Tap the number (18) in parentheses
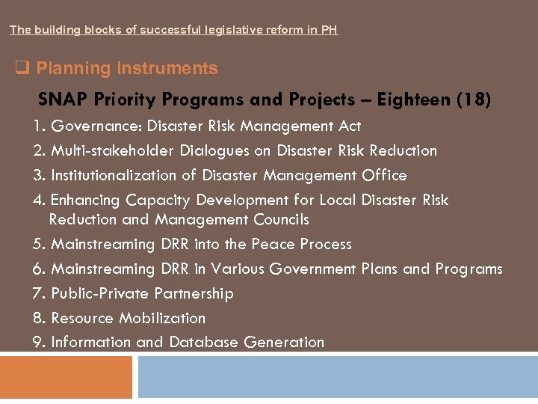click(x=473, y=100)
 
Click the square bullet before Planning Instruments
click(x=22, y=69)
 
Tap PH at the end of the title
click(x=330, y=31)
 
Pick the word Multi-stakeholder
click(x=113, y=150)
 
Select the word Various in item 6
click(x=237, y=269)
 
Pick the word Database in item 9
click(x=203, y=343)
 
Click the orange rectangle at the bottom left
click(x=66, y=377)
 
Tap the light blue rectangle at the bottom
click(x=337, y=377)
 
